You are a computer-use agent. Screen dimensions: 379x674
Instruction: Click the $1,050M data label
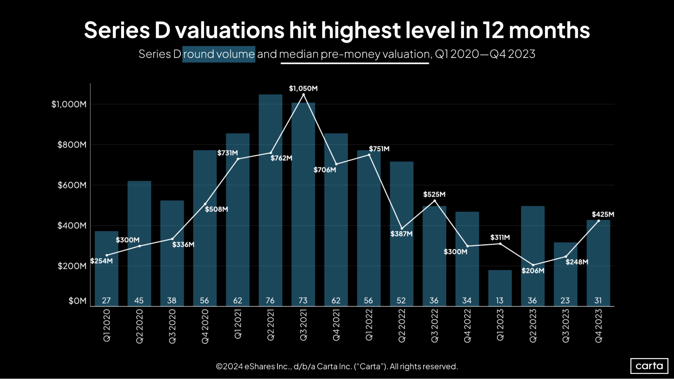pyautogui.click(x=303, y=89)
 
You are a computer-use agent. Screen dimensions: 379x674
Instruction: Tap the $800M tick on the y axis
pyautogui.click(x=71, y=145)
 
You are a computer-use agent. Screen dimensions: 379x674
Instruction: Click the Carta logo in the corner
pyautogui.click(x=649, y=366)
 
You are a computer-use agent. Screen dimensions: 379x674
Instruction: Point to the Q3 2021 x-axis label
pyautogui.click(x=303, y=325)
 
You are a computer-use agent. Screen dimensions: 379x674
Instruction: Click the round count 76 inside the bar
pyautogui.click(x=270, y=301)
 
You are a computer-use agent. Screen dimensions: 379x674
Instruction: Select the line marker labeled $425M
pyautogui.click(x=598, y=221)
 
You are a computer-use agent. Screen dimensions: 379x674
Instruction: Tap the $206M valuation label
pyautogui.click(x=533, y=271)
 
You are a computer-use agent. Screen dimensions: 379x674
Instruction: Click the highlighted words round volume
pyautogui.click(x=219, y=54)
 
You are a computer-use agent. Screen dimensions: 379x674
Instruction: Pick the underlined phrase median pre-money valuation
pyautogui.click(x=354, y=54)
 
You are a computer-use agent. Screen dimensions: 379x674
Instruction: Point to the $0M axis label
pyautogui.click(x=77, y=301)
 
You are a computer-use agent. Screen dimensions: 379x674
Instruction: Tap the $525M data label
pyautogui.click(x=434, y=194)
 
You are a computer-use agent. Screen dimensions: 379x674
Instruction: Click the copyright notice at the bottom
pyautogui.click(x=336, y=367)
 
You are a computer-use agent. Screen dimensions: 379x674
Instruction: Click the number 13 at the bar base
pyautogui.click(x=500, y=301)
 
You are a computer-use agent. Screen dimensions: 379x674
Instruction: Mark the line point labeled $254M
pyautogui.click(x=107, y=255)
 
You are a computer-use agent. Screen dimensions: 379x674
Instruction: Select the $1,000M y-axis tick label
pyautogui.click(x=69, y=104)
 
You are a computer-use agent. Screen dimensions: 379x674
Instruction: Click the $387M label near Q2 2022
pyautogui.click(x=401, y=234)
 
